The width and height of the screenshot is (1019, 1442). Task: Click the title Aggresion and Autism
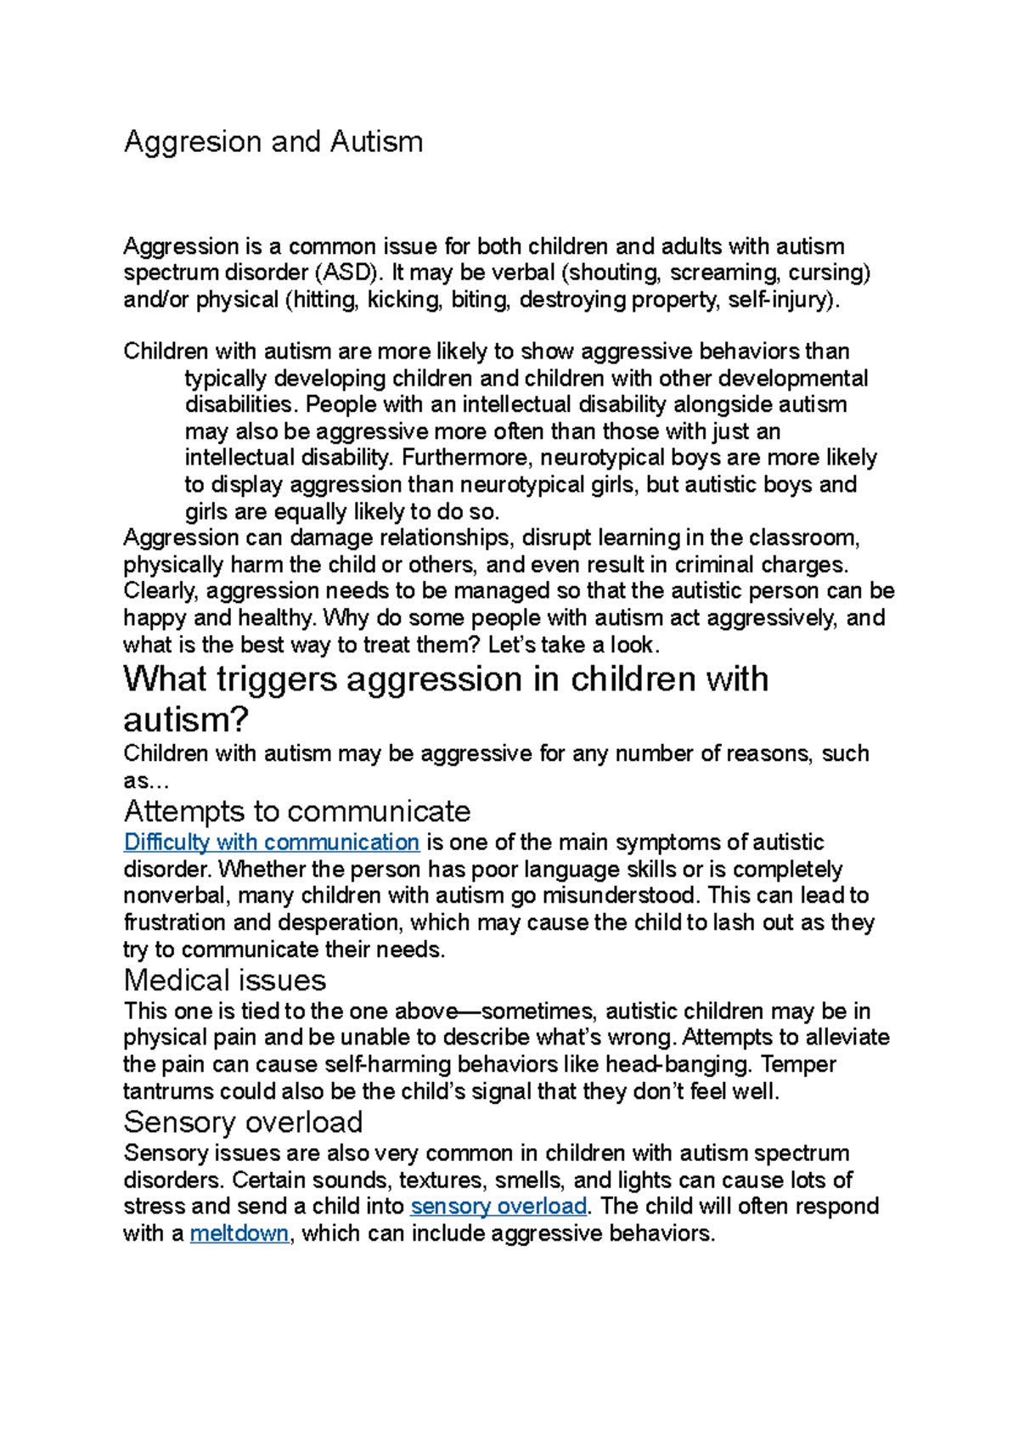pyautogui.click(x=273, y=142)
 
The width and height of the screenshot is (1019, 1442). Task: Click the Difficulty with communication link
pyautogui.click(x=272, y=842)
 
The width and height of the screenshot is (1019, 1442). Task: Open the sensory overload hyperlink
pyautogui.click(x=498, y=1207)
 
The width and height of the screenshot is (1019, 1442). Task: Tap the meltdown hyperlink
pyautogui.click(x=239, y=1233)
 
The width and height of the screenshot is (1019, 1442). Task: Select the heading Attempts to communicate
pyautogui.click(x=297, y=812)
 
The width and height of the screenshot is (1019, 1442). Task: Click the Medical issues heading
pyautogui.click(x=225, y=981)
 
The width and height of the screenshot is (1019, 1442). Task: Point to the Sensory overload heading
pyautogui.click(x=244, y=1123)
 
